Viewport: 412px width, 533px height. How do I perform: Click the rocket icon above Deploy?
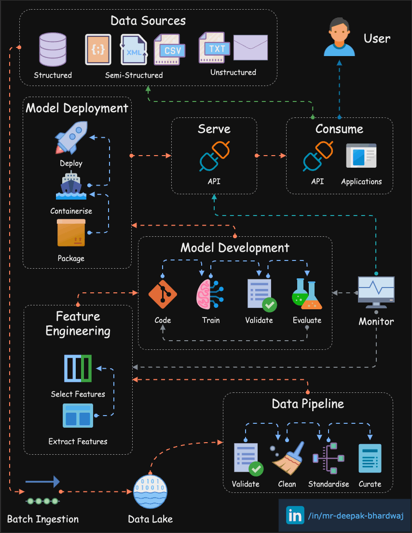tap(71, 138)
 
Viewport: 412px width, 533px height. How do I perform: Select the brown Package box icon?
tap(71, 233)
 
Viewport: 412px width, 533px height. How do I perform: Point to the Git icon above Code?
tap(163, 294)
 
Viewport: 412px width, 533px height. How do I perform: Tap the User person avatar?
tap(339, 37)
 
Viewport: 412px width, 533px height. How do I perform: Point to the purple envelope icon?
tap(250, 47)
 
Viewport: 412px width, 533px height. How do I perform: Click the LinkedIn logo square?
tap(295, 516)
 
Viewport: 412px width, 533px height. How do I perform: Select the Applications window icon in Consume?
tap(361, 157)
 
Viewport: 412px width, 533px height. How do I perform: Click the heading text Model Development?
tap(235, 248)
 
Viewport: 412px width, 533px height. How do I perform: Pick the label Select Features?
tap(78, 394)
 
